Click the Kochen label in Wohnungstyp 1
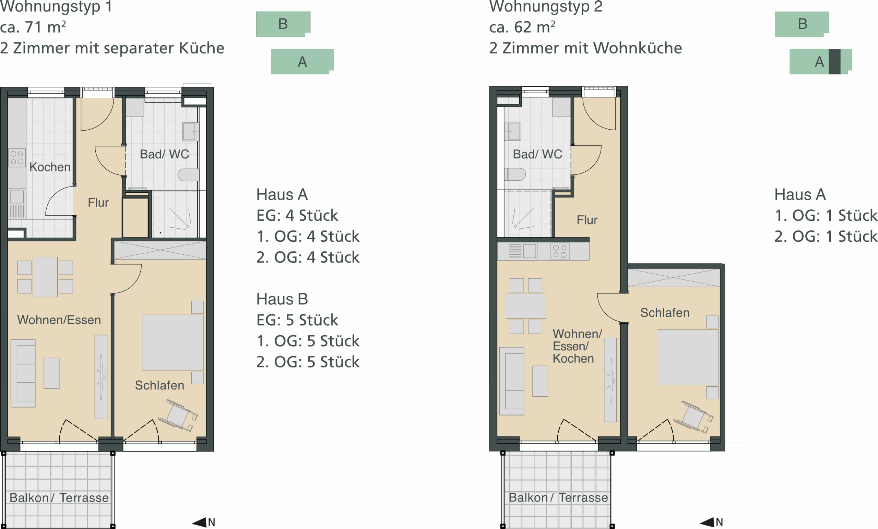(x=50, y=167)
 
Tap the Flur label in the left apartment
(x=98, y=203)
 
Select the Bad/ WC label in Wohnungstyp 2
(x=537, y=154)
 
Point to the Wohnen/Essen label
(x=59, y=320)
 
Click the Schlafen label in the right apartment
(x=665, y=313)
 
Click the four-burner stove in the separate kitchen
(x=17, y=158)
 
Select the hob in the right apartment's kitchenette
(x=560, y=251)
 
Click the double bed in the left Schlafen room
(x=173, y=342)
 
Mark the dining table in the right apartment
(x=525, y=306)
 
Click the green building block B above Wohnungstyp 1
(x=283, y=24)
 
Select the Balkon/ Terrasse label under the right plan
(x=558, y=498)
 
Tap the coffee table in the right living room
(x=540, y=381)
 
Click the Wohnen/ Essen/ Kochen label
(x=577, y=346)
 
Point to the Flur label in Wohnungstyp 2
(x=587, y=220)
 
